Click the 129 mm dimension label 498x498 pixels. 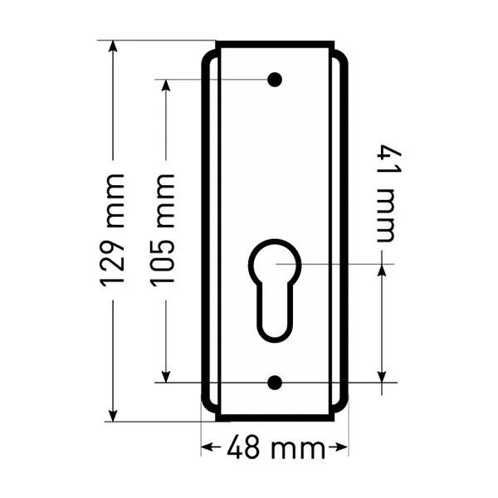[111, 230]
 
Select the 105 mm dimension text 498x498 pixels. [163, 230]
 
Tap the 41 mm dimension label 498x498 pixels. [388, 193]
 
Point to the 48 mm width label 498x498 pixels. [276, 447]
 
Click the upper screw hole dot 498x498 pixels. [275, 80]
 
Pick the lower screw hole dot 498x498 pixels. [275, 383]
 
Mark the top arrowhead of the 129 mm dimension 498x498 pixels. [113, 46]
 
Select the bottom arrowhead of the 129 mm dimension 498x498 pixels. [113, 416]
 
